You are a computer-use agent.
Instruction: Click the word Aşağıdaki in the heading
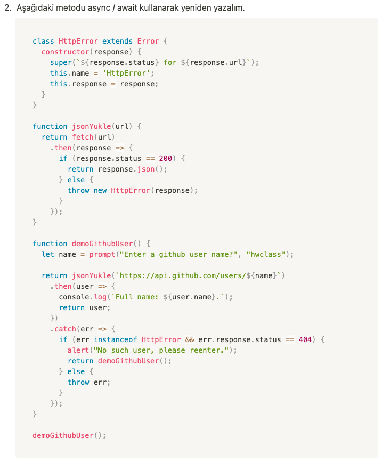[x=33, y=8]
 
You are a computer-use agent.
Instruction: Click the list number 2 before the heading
[x=6, y=8]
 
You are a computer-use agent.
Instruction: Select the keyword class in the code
[x=43, y=41]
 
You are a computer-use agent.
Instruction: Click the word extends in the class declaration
[x=117, y=41]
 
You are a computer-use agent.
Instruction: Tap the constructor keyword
[x=65, y=52]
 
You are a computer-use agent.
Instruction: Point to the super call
[x=61, y=62]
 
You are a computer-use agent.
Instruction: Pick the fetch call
[x=83, y=137]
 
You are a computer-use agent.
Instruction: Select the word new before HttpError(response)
[x=100, y=190]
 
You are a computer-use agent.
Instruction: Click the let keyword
[x=48, y=254]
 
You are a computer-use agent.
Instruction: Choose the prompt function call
[x=102, y=254]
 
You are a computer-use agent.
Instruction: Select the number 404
[x=305, y=339]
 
